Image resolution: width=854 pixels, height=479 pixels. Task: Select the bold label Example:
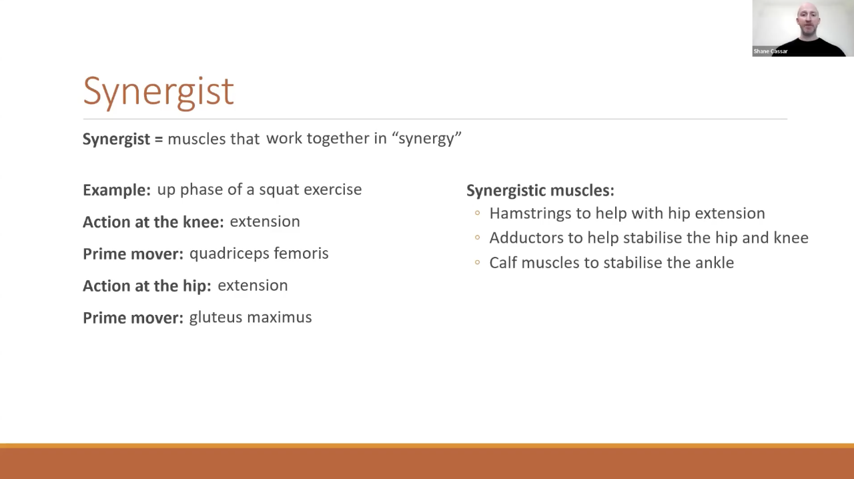tap(117, 190)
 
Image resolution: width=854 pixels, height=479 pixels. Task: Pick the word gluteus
tap(216, 318)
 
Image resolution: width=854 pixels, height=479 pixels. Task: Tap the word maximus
tap(280, 318)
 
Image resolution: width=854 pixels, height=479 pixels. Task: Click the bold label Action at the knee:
tap(153, 222)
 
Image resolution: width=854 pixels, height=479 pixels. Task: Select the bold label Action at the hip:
tap(147, 286)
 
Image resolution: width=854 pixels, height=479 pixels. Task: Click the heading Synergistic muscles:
tap(540, 191)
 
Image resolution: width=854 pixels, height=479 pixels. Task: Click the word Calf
tap(503, 263)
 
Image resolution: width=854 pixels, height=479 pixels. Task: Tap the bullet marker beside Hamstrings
tap(477, 213)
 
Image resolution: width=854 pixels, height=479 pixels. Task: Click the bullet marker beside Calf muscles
tap(477, 262)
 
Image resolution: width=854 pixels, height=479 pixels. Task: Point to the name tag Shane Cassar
tap(771, 51)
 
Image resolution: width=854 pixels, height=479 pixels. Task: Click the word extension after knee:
tap(265, 221)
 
